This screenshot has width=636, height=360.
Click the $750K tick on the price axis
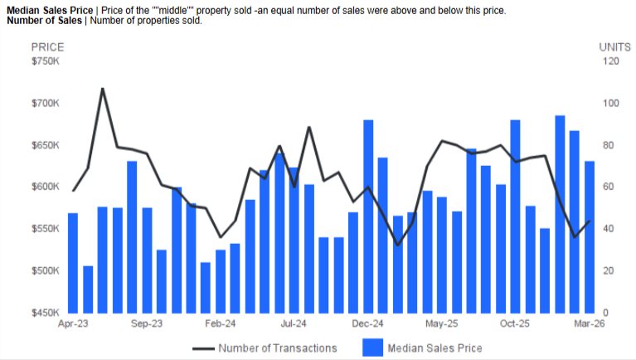[46, 61]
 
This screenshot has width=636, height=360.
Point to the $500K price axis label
[46, 270]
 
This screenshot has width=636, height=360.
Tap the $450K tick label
[46, 313]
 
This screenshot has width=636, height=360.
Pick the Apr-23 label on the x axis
[73, 324]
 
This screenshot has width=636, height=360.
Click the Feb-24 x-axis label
[221, 324]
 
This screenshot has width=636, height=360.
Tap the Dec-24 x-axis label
[367, 324]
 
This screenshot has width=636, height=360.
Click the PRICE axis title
[47, 47]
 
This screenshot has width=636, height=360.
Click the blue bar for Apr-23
[73, 262]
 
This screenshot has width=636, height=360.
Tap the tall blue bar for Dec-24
[368, 216]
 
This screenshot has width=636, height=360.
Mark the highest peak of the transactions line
[102, 88]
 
